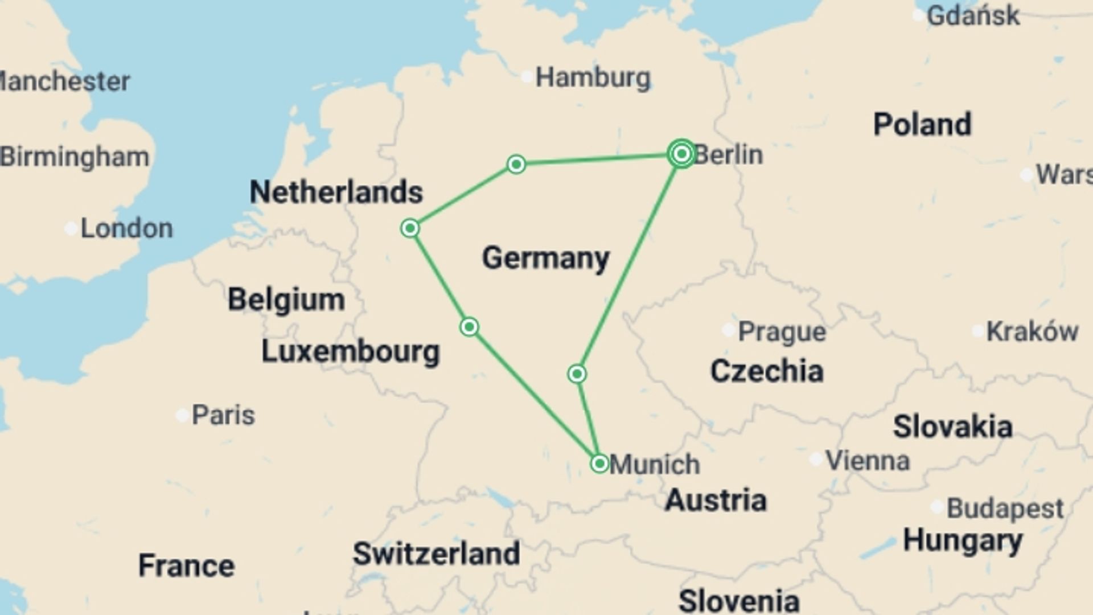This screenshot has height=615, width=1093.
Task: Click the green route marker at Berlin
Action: point(681,154)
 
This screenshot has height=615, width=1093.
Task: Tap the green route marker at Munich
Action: point(599,464)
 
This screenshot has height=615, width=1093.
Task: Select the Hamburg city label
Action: point(593,77)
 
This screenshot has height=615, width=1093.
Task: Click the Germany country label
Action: point(546,259)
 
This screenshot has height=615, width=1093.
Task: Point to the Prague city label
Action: point(782,331)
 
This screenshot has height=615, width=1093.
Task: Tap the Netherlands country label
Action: point(336,192)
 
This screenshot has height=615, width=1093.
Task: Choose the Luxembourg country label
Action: point(351,352)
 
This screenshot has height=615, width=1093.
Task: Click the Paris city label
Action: point(223,415)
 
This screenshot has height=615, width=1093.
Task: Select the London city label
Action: point(126,229)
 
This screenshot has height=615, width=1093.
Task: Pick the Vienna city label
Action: point(868,461)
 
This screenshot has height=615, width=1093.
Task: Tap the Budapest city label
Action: point(1005,509)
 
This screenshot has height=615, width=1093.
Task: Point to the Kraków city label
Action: point(1032,331)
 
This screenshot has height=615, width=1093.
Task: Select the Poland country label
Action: point(922,125)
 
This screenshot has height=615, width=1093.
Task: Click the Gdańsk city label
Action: point(973,15)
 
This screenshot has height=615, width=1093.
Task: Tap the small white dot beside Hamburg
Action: point(527,76)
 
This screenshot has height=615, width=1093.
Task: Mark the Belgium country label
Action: point(286,300)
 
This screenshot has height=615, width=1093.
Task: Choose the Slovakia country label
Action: point(952,427)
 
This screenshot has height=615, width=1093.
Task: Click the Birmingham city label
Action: point(75,157)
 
